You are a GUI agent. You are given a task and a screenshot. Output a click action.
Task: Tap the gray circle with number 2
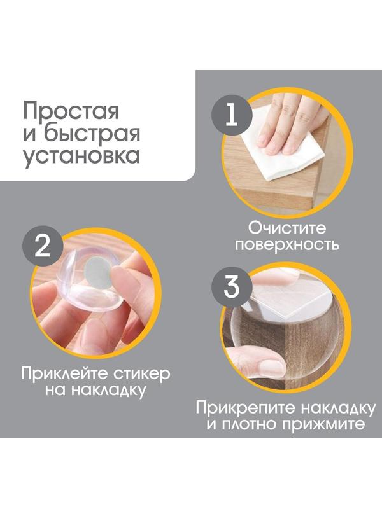[41, 246]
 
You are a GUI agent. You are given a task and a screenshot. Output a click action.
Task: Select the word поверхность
[286, 246]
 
